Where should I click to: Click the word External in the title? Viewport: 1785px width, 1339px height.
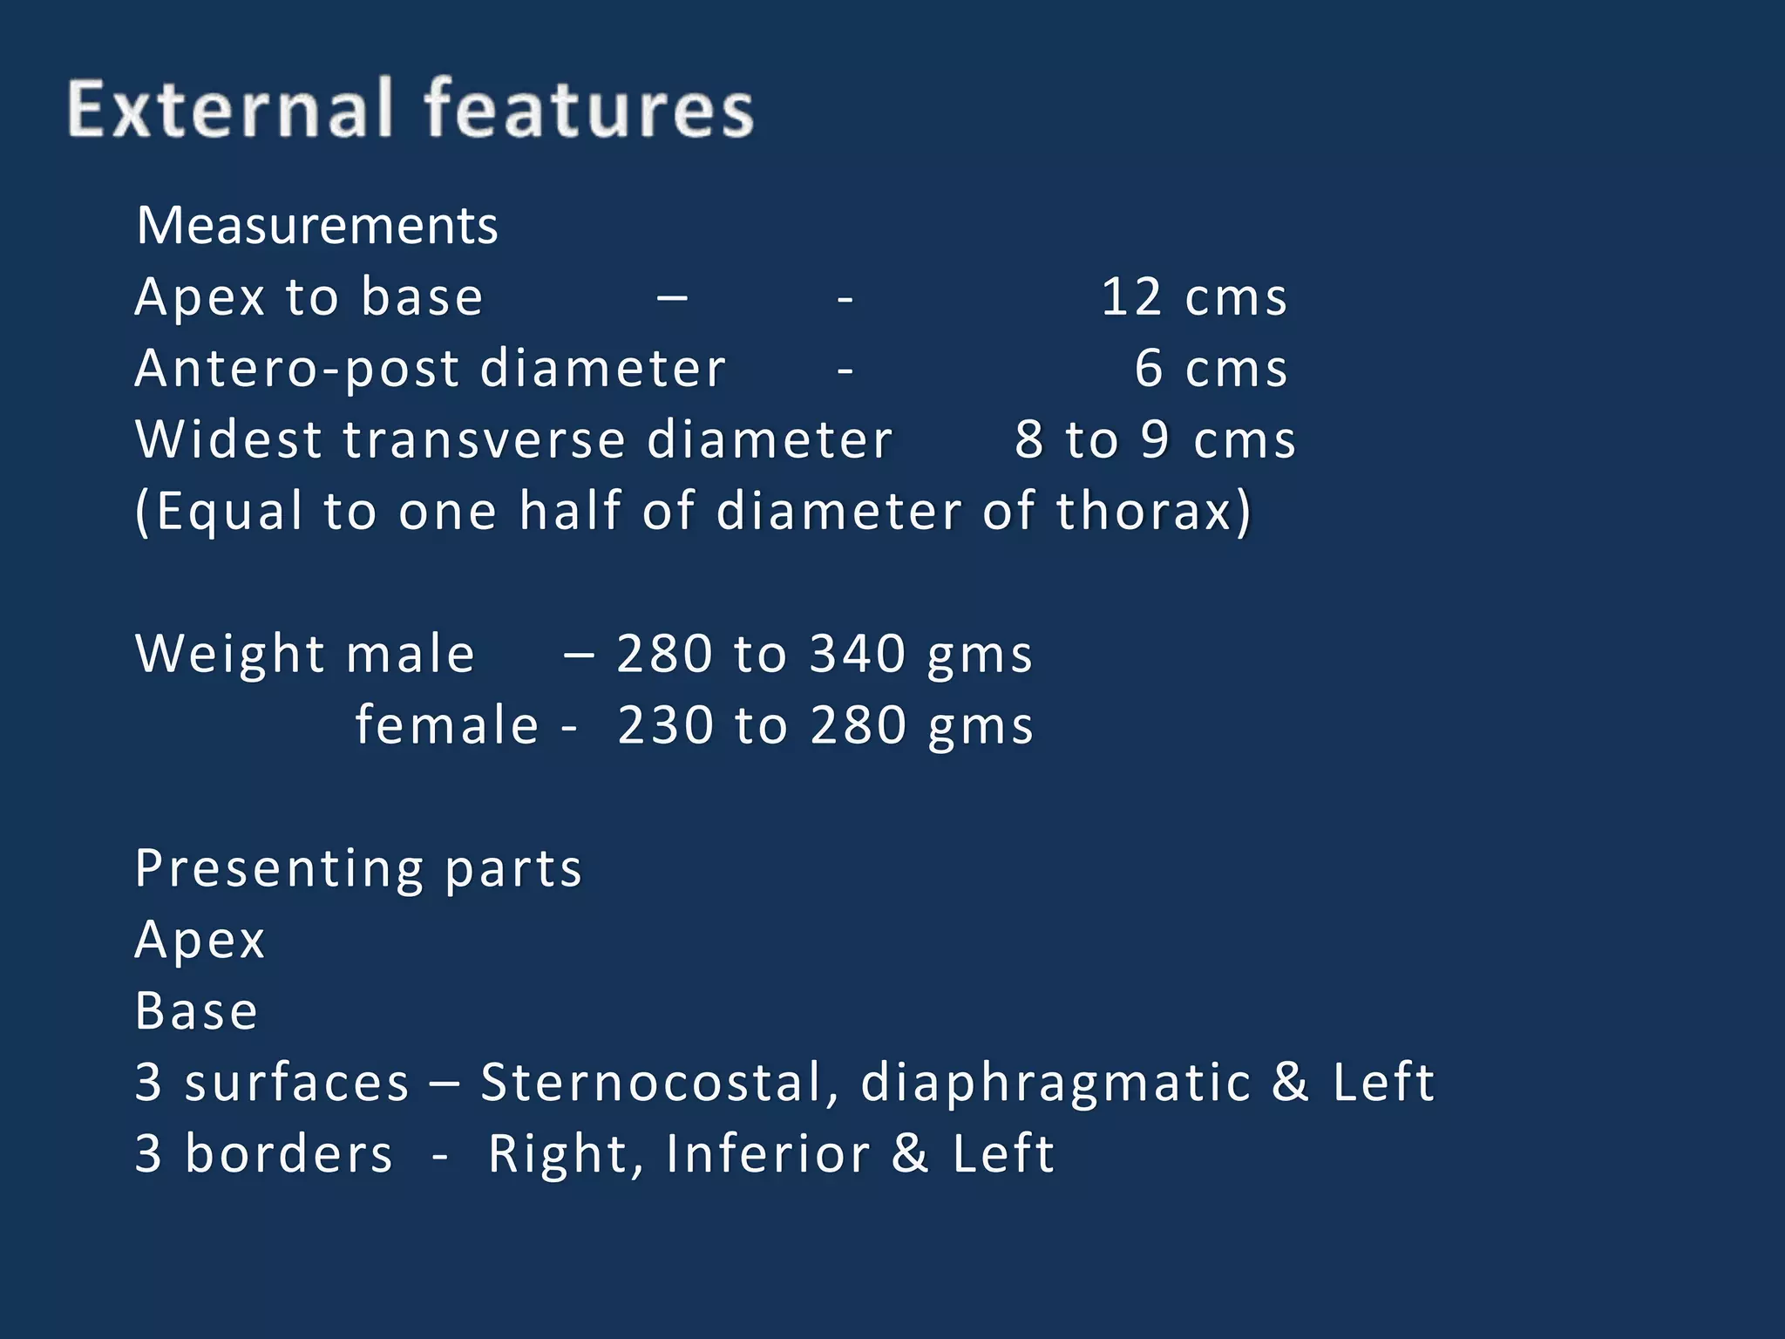pos(230,109)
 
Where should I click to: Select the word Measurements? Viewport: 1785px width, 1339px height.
pos(317,226)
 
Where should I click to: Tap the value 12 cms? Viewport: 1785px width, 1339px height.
pos(1193,297)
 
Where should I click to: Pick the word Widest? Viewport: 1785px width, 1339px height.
pos(228,439)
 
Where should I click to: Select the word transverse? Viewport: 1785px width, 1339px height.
pos(484,439)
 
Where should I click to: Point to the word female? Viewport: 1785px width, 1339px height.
pos(446,725)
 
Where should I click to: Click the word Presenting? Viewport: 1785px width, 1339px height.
pos(279,869)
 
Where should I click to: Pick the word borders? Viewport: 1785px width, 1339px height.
pos(288,1154)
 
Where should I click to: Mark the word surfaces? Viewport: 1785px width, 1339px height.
pos(296,1083)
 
